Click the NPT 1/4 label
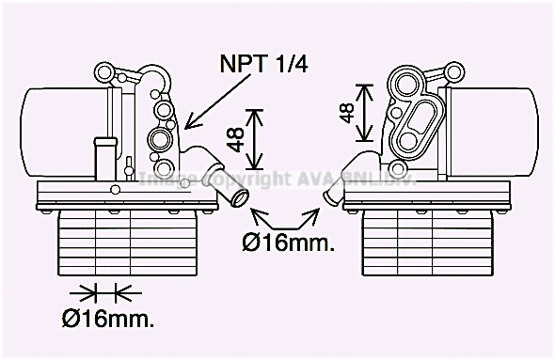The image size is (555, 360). coord(264,64)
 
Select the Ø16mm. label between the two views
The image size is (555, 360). coord(287,243)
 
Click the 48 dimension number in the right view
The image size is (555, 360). coord(346,113)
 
